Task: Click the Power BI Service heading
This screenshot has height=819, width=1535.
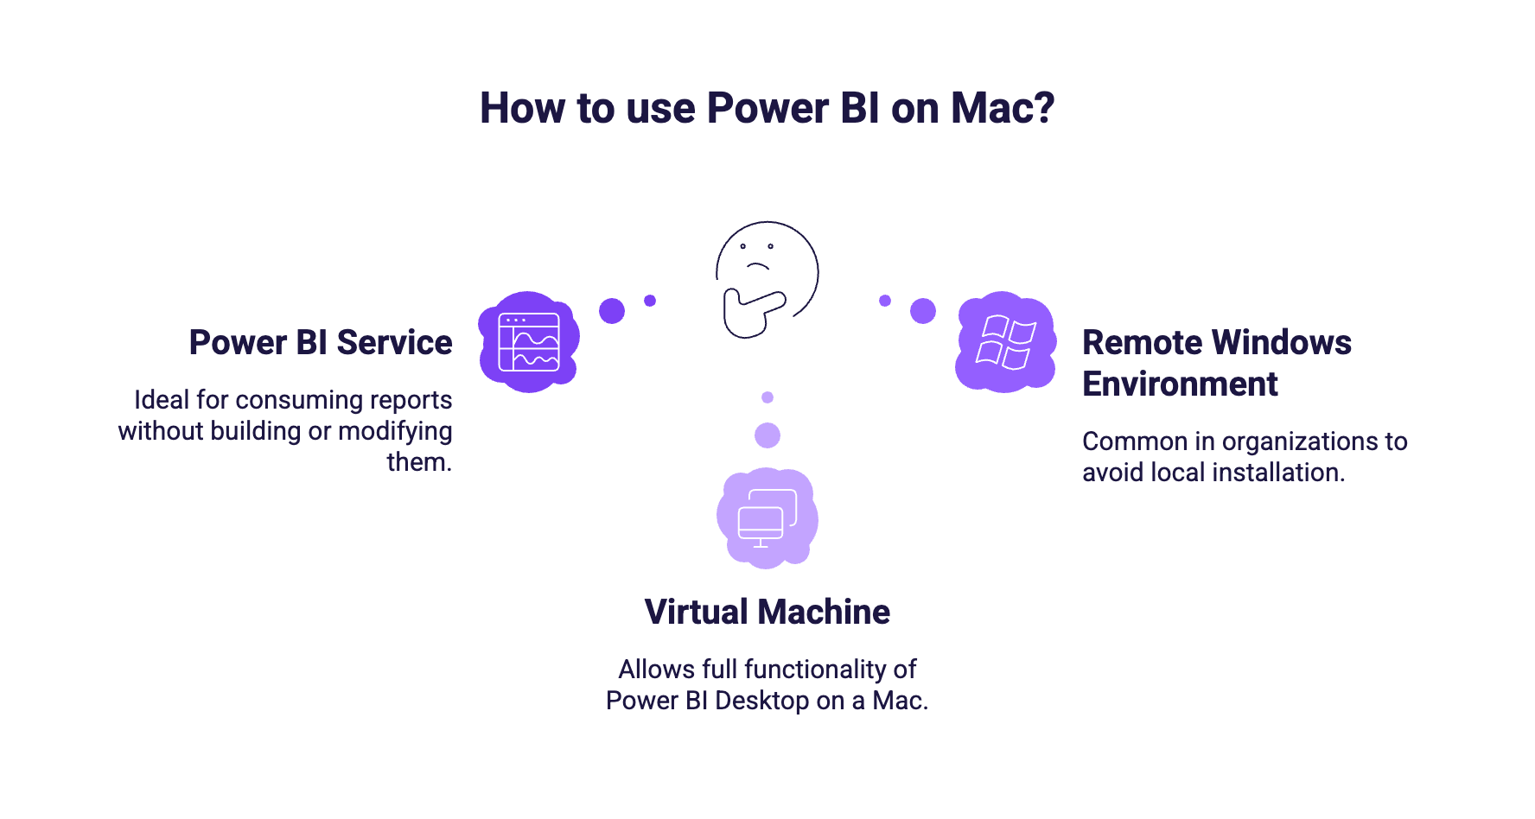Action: pos(321,343)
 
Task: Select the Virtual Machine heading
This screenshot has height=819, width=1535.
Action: pos(767,612)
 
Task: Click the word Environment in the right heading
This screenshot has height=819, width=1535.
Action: pos(1180,384)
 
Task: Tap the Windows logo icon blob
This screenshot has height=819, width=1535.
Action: pos(1005,342)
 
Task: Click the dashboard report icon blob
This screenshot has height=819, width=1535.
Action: pos(529,342)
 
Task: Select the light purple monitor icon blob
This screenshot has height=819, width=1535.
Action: pos(767,517)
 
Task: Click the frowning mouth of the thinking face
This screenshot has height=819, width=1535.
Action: pos(758,265)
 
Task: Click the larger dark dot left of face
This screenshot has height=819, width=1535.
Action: pos(612,311)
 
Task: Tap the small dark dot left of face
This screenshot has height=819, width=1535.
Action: pos(650,301)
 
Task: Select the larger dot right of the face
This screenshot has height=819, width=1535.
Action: pos(923,311)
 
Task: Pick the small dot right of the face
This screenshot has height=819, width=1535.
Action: pos(885,301)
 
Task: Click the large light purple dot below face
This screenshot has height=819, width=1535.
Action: pos(767,435)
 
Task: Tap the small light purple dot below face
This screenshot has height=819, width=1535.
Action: pos(767,397)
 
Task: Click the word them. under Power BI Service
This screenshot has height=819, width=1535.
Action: pos(419,462)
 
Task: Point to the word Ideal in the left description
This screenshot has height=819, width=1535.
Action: pos(162,400)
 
